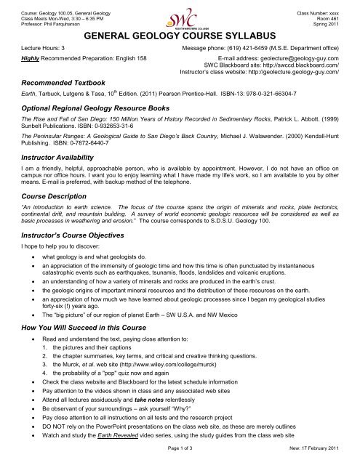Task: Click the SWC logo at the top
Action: tap(180, 16)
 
